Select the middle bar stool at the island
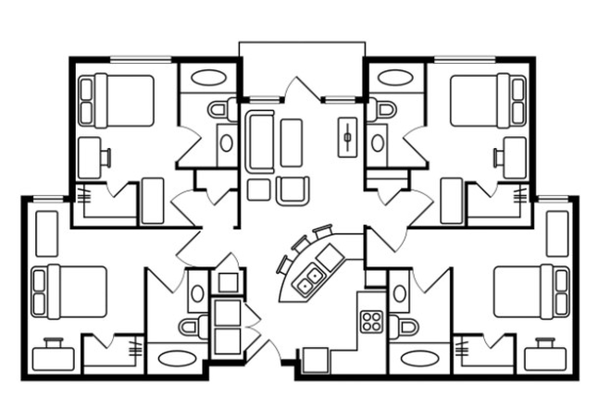[x=300, y=243]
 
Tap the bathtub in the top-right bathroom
[x=395, y=77]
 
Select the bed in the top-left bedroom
[x=118, y=100]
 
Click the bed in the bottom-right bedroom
[x=530, y=291]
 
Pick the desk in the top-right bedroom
[x=509, y=156]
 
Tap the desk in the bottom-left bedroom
[x=51, y=356]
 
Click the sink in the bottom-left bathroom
[x=196, y=293]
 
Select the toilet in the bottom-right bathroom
[x=404, y=327]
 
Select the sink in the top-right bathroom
[x=377, y=143]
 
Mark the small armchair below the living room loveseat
[x=290, y=190]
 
